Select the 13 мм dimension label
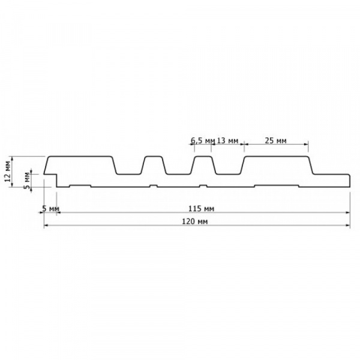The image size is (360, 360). coord(227,140)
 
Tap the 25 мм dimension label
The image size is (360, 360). coord(275,140)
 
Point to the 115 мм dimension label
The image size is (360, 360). coord(201,208)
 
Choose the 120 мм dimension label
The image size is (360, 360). coord(194,221)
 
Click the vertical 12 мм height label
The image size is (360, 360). coord(8,171)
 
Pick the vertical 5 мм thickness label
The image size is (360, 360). coord(27,180)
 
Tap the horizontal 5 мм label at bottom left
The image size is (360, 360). coord(51,209)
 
